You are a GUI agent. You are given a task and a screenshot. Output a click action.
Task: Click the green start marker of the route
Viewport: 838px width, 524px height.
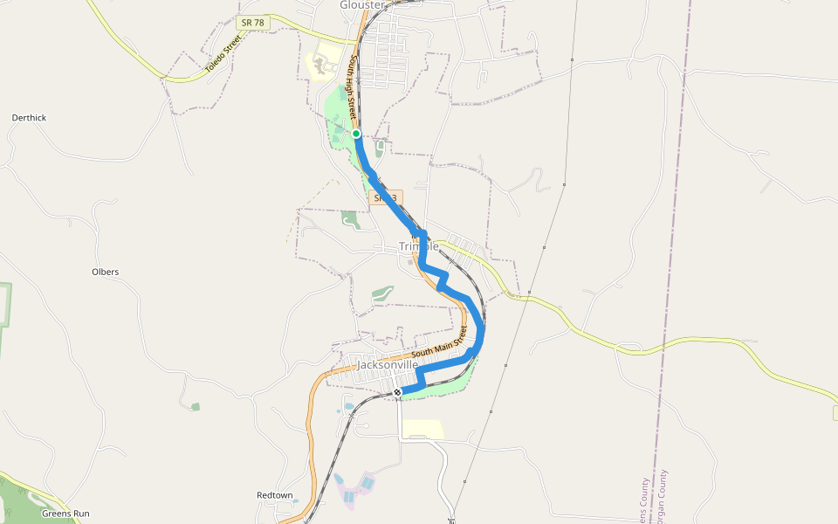point(356,134)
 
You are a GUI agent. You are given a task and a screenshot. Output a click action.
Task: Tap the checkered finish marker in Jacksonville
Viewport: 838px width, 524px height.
point(397,393)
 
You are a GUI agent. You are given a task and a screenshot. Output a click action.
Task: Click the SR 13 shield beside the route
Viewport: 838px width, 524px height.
point(386,198)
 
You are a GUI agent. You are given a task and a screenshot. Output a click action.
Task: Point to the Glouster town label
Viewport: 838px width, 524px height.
point(361,5)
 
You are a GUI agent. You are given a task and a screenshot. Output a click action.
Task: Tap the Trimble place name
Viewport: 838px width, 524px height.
point(418,246)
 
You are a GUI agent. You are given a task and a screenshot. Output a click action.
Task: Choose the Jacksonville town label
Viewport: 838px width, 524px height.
point(388,364)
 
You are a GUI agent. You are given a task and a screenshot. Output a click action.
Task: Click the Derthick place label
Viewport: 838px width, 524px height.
point(29,118)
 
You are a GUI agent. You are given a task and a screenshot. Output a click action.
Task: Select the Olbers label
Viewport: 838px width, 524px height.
point(105,272)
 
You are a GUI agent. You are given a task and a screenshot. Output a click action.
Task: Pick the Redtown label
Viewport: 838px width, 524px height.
point(275,495)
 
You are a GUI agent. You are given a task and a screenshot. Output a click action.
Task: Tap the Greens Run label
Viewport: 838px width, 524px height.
point(65,514)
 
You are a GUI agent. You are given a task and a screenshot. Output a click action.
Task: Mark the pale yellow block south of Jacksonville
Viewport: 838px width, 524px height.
point(422,429)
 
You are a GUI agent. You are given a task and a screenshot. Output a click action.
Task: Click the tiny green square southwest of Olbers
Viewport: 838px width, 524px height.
point(196,406)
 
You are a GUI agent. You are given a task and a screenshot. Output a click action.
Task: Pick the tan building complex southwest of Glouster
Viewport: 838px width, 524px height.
point(325,64)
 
